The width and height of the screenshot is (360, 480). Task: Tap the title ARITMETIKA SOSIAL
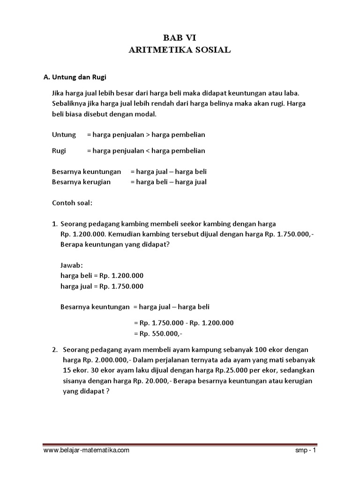pos(180,51)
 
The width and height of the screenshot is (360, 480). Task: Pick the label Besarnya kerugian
pos(81,182)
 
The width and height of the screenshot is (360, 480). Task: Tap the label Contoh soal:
pos(72,204)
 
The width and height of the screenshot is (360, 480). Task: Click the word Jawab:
pos(72,265)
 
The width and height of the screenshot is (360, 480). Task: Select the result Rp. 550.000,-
pos(158,333)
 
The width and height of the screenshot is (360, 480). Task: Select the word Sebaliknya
pos(69,104)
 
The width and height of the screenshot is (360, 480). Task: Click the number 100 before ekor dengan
pos(264,350)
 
